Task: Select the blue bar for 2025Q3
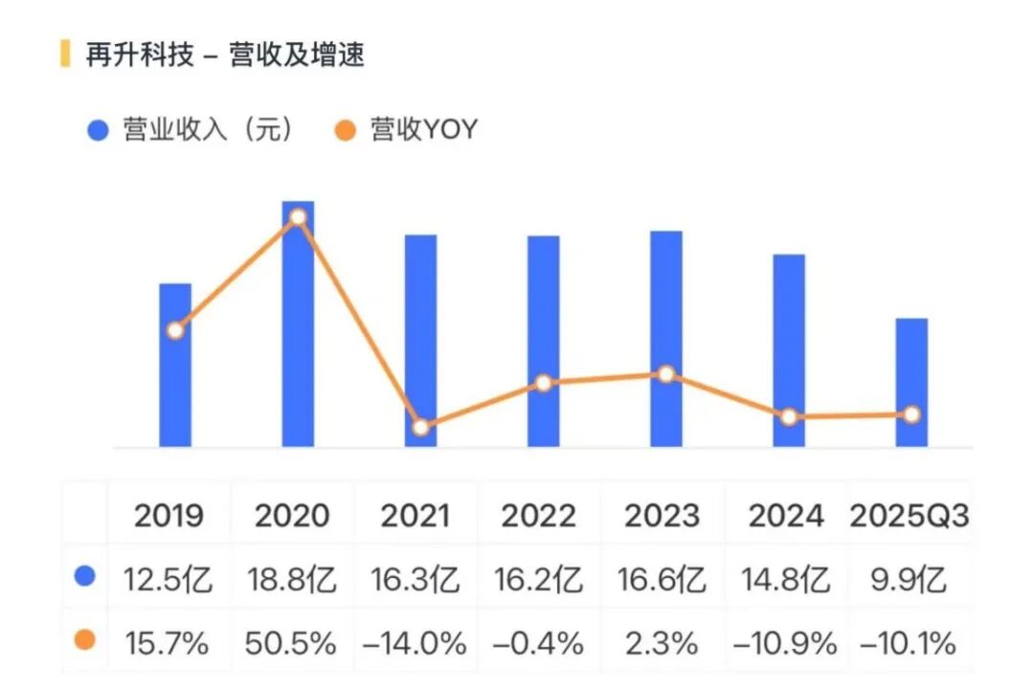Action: tap(911, 383)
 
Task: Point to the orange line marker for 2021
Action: tap(420, 427)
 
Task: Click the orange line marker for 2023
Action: tap(666, 374)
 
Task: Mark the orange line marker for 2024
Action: tap(789, 417)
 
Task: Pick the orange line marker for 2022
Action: tap(543, 383)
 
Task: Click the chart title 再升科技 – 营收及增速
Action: tap(225, 55)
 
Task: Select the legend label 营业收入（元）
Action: tap(207, 130)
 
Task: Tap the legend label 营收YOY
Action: tap(423, 130)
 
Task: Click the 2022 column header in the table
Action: tap(539, 516)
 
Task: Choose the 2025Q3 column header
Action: tap(909, 516)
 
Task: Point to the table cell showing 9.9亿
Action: tap(909, 579)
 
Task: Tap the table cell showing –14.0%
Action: tap(415, 642)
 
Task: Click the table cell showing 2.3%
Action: tap(663, 642)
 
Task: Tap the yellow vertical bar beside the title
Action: tap(65, 55)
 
